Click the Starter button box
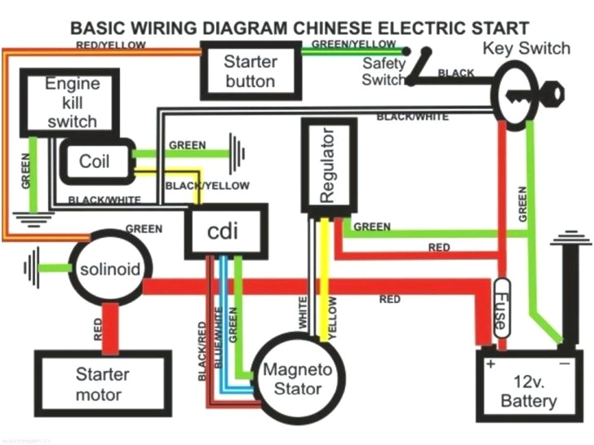pyautogui.click(x=250, y=71)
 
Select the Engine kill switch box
pyautogui.click(x=72, y=104)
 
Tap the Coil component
pyautogui.click(x=95, y=161)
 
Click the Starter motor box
pyautogui.click(x=103, y=385)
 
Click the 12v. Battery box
pyautogui.click(x=529, y=391)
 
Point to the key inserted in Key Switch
pyautogui.click(x=543, y=96)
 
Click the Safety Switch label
pyautogui.click(x=383, y=71)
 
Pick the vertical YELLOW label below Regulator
pyautogui.click(x=332, y=314)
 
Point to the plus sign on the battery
pyautogui.click(x=491, y=364)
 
